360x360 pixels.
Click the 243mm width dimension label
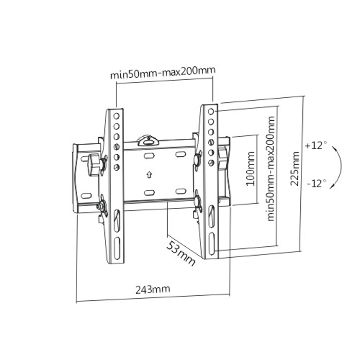[x=152, y=289]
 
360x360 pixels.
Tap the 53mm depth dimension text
[x=181, y=251]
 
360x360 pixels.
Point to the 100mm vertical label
[x=251, y=170]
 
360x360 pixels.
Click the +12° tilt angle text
[x=315, y=146]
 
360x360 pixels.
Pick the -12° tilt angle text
[x=315, y=183]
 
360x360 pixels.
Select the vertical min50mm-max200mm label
[x=271, y=168]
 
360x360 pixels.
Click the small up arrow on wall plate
[x=149, y=174]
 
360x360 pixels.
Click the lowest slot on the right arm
[x=211, y=244]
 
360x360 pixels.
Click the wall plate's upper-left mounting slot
[x=149, y=155]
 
